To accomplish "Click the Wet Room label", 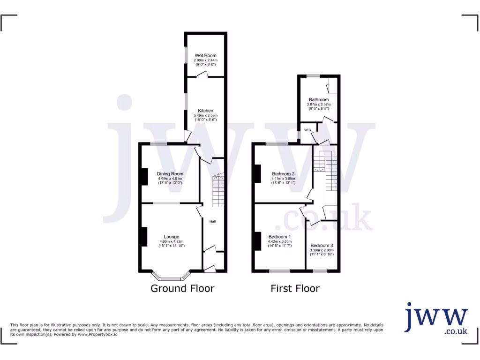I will pos(206,55).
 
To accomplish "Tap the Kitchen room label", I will pos(206,111).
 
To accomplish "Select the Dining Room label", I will pos(170,174).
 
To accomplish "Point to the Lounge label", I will pos(172,237).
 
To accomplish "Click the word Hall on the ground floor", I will pos(212,221).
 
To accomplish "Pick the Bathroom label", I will pos(319,99).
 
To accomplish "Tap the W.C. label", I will pos(308,130).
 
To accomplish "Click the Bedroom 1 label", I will pos(280,237).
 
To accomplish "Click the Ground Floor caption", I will pos(182,288).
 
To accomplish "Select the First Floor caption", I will pos(295,288).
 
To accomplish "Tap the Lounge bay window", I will pos(171,277).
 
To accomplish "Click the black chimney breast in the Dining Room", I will pos(144,176).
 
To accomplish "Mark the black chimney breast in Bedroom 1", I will pos(257,241).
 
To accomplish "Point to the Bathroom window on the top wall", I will pos(314,76).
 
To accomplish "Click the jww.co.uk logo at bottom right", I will pos(436,319).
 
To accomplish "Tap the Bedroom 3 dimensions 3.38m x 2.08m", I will pos(322,250).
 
